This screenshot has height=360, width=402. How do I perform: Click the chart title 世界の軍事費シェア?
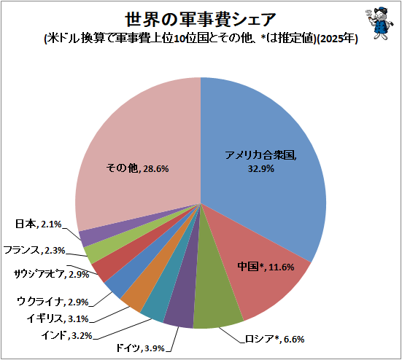pyautogui.click(x=201, y=20)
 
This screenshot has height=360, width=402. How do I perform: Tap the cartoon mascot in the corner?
pyautogui.click(x=379, y=23)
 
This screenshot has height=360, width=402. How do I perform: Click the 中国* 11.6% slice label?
pyautogui.click(x=266, y=267)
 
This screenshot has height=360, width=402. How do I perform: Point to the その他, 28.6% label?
pyautogui.click(x=137, y=168)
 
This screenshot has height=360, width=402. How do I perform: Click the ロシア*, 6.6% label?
pyautogui.click(x=274, y=340)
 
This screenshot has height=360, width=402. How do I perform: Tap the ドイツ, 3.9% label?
pyautogui.click(x=141, y=348)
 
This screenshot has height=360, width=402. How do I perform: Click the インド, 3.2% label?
pyautogui.click(x=66, y=335)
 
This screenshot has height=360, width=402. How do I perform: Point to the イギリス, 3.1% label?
pyautogui.click(x=58, y=318)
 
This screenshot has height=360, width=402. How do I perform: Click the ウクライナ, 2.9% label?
pyautogui.click(x=53, y=302)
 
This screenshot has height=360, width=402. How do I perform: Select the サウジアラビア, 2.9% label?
pyautogui.click(x=51, y=275)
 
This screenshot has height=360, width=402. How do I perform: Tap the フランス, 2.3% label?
pyautogui.click(x=34, y=250)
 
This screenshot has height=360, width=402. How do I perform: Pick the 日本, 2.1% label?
pyautogui.click(x=38, y=224)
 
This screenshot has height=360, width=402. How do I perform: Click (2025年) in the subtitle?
pyautogui.click(x=337, y=39)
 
